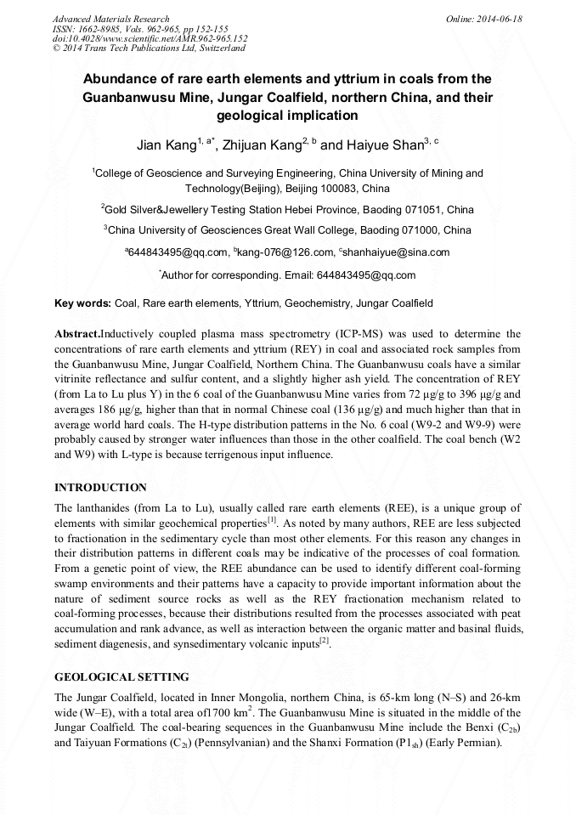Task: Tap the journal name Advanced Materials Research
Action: coord(110,19)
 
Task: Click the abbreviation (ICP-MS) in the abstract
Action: coord(346,334)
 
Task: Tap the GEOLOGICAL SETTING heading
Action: coord(121,677)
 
